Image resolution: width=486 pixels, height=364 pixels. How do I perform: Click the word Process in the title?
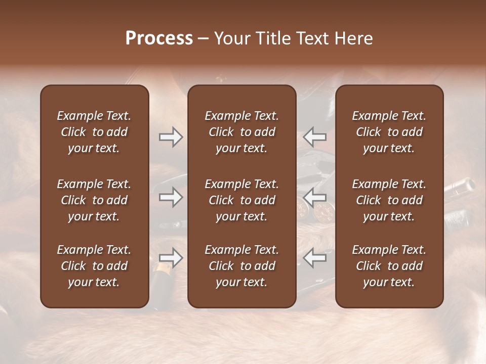point(159,38)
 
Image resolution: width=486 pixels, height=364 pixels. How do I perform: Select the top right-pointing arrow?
point(171,137)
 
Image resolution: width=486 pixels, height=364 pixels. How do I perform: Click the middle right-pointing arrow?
point(171,197)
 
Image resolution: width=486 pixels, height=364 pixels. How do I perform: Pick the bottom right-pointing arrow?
point(171,258)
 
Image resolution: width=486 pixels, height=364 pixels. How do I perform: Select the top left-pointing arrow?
point(315,137)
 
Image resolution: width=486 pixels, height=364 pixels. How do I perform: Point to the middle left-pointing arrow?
point(315,197)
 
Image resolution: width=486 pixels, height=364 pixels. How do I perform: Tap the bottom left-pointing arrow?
point(315,258)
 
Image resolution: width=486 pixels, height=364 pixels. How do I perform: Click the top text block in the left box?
point(94,132)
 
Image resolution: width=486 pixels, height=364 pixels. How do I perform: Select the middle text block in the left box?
point(94,200)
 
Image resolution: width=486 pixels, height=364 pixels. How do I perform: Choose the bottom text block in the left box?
point(94,266)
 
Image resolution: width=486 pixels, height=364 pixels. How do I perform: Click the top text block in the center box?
point(241,132)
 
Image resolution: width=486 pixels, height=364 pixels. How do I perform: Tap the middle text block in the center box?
point(241,200)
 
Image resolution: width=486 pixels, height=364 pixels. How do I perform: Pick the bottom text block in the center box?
point(241,266)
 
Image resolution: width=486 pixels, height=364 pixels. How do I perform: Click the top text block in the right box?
point(389,132)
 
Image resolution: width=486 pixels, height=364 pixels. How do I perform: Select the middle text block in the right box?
point(389,200)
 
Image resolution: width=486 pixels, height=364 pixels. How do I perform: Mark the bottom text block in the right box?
point(389,266)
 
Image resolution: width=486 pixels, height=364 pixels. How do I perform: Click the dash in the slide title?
point(204,39)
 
